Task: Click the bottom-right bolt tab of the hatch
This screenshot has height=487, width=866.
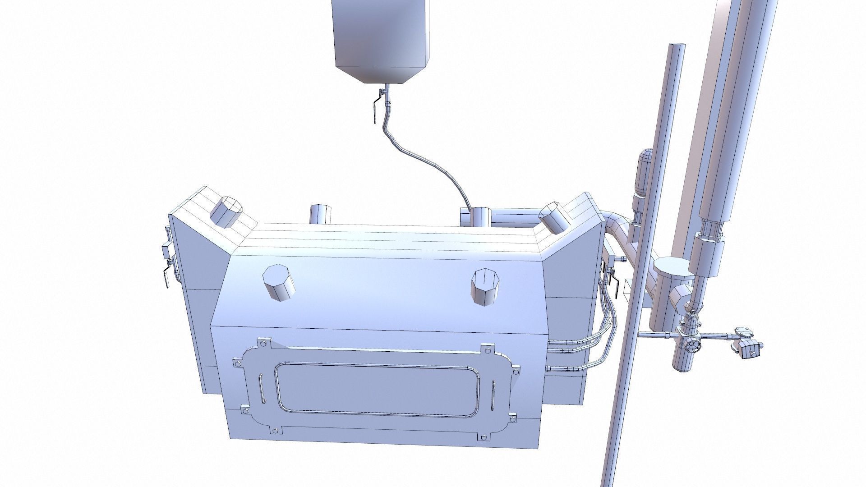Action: pos(482,437)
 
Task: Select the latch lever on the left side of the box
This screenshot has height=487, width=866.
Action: pos(167,276)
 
